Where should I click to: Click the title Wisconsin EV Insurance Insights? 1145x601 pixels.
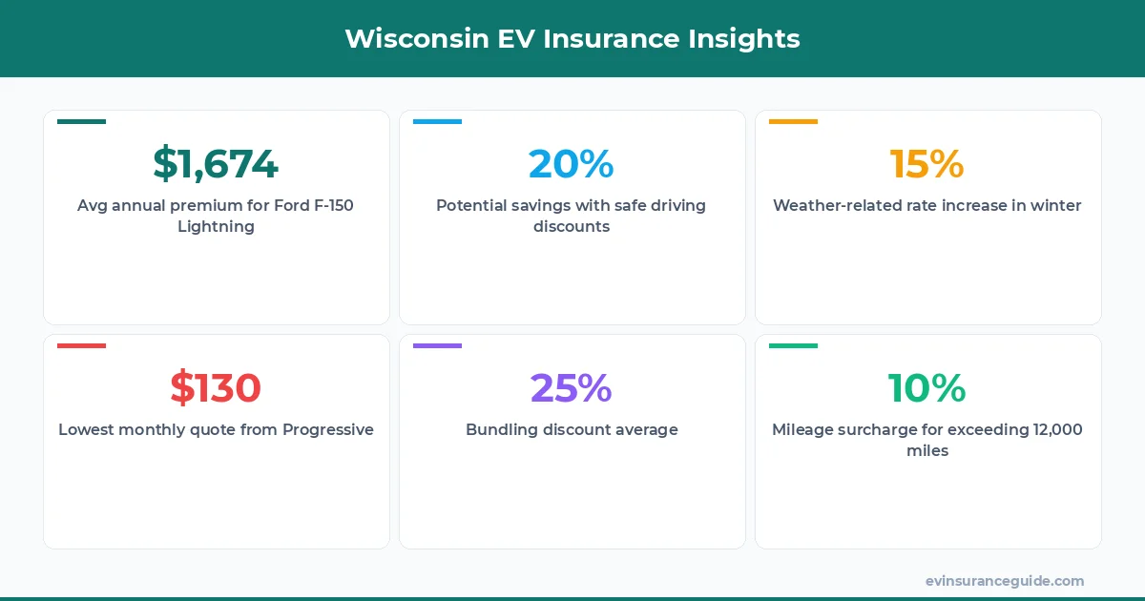572,38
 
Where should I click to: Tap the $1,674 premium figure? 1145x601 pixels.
216,164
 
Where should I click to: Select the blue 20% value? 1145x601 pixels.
571,164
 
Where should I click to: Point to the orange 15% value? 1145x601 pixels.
926,164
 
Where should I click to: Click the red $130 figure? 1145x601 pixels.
216,388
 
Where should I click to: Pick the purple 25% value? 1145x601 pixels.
571,388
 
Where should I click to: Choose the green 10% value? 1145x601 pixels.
926,388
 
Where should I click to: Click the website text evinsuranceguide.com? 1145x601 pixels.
1004,581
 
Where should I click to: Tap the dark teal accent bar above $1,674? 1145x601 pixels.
81,122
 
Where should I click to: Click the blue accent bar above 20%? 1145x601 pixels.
437,122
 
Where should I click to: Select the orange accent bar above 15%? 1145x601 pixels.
793,122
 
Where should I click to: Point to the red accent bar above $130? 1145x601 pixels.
81,346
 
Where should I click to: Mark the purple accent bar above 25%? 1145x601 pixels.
437,346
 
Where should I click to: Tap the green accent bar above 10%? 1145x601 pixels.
793,346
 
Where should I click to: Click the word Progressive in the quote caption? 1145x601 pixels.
327,430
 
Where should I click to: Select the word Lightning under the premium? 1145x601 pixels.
216,227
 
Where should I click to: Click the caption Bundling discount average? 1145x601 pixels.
572,430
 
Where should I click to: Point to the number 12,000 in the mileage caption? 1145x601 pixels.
1057,430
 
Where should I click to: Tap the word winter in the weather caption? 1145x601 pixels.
1055,206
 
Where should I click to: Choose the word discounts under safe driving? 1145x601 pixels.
571,227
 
